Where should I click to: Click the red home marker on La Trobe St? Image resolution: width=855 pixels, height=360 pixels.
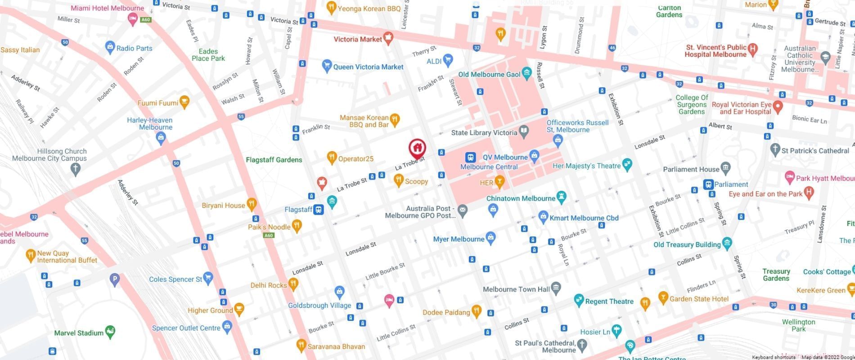(x=417, y=148)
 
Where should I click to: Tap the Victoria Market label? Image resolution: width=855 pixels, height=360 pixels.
(x=358, y=39)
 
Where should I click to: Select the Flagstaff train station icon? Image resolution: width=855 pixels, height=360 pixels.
(x=319, y=210)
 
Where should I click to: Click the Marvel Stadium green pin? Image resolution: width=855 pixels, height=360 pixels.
(x=110, y=332)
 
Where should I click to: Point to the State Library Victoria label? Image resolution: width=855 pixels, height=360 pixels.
(x=484, y=133)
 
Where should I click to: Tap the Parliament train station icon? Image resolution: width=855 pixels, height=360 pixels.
(x=708, y=184)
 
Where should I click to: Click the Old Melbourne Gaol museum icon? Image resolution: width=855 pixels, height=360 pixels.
(x=526, y=74)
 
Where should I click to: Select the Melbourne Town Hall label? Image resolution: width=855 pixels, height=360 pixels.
(x=516, y=289)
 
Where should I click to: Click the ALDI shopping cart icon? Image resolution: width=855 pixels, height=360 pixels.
(x=447, y=59)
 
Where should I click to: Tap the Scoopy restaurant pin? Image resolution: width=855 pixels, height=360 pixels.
(x=398, y=181)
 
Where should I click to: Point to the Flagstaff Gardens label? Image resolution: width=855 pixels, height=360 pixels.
(x=274, y=160)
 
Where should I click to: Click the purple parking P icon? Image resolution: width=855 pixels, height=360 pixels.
(x=115, y=279)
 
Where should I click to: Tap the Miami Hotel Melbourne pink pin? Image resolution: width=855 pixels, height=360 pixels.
(x=133, y=19)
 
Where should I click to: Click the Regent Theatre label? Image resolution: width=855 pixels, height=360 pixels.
(x=609, y=301)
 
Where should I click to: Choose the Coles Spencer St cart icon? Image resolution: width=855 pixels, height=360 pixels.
(x=208, y=278)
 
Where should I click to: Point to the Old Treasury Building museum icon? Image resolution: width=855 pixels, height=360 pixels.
(x=727, y=243)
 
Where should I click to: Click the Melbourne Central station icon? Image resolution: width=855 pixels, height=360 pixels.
(x=470, y=157)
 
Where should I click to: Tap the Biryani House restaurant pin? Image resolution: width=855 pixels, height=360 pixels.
(x=252, y=204)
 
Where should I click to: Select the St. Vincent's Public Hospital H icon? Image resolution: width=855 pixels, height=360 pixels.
(x=753, y=49)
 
